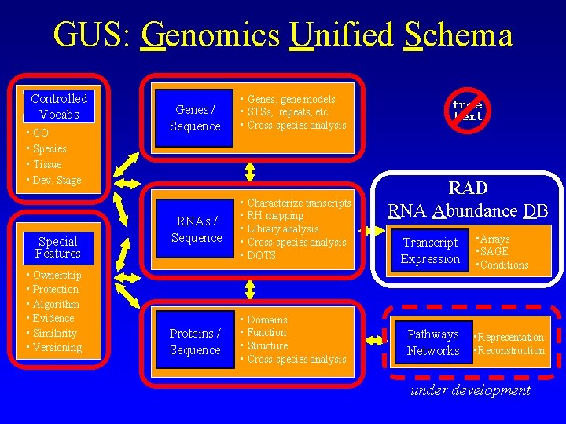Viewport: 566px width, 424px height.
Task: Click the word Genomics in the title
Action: click(x=210, y=35)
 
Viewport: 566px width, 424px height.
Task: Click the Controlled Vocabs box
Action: click(x=59, y=107)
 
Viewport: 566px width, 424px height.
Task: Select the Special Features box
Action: click(x=58, y=248)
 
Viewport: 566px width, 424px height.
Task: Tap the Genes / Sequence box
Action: click(x=195, y=118)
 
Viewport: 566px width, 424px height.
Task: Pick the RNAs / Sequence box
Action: click(x=197, y=229)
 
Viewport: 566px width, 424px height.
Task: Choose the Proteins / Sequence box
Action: click(x=195, y=342)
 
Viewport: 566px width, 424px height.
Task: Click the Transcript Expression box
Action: click(x=430, y=250)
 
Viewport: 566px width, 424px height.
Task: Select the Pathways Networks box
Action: click(x=433, y=342)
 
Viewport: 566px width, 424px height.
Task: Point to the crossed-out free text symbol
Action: click(x=467, y=111)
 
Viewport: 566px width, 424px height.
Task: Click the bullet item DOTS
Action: click(x=261, y=256)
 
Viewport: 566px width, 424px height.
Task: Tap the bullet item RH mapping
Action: click(x=275, y=216)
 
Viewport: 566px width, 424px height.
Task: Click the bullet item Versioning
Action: click(x=57, y=348)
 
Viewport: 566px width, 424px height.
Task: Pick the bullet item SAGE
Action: click(x=494, y=252)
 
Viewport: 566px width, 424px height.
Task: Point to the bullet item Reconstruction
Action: click(x=511, y=351)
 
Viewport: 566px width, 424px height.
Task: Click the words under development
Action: click(x=471, y=390)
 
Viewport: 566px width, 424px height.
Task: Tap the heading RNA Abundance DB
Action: click(x=467, y=210)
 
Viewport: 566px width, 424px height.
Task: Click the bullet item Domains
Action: click(x=267, y=320)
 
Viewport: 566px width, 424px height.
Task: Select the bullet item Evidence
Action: click(x=53, y=319)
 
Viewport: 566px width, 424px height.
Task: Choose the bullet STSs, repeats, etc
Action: click(x=287, y=112)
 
